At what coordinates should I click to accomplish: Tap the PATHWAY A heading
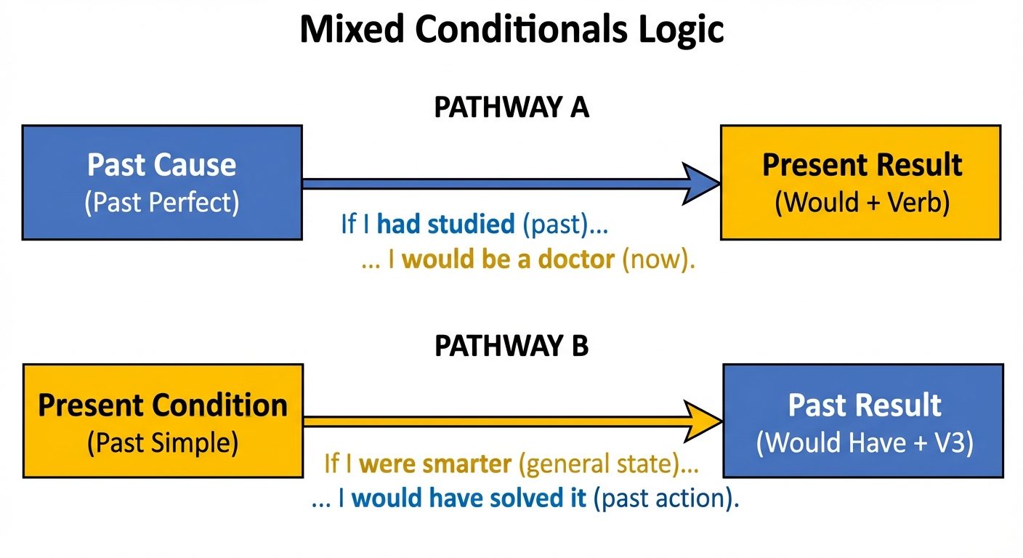point(511,108)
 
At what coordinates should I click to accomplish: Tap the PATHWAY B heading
point(511,347)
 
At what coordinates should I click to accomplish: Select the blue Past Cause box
point(161,182)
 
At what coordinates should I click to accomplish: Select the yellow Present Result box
point(861,182)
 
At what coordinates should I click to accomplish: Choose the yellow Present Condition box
point(163,421)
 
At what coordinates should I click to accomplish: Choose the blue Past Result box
point(863,421)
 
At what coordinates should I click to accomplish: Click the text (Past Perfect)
point(161,203)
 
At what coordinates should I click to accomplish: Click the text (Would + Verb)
point(862,203)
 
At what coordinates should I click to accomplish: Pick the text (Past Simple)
point(163,442)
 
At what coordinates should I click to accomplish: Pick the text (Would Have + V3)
point(864,442)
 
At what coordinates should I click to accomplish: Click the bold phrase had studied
point(445,225)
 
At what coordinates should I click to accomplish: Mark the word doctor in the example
point(576,260)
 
